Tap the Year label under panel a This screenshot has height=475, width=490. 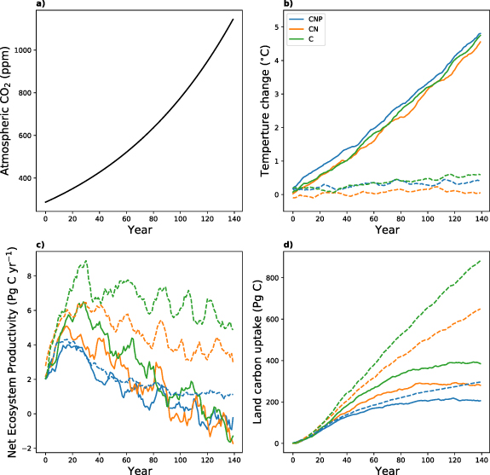point(140,230)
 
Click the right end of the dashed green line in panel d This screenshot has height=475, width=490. point(480,261)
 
